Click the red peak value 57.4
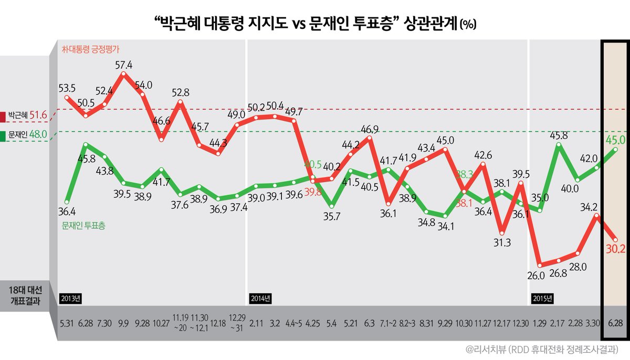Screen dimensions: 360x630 click(x=124, y=65)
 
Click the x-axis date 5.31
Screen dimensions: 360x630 click(x=67, y=322)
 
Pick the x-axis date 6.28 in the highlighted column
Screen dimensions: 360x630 click(x=615, y=322)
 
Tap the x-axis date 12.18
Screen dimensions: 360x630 click(x=218, y=322)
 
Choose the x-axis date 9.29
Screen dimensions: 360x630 click(x=445, y=322)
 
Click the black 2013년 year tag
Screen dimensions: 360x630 click(x=71, y=299)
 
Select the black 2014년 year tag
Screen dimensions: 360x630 click(x=259, y=299)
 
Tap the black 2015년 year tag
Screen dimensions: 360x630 click(x=542, y=299)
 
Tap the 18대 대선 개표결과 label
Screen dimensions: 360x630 click(x=25, y=295)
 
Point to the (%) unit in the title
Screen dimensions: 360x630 click(x=468, y=24)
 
